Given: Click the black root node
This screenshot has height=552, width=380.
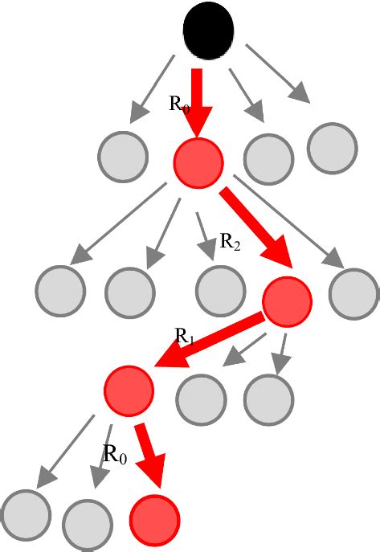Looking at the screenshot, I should pyautogui.click(x=209, y=31).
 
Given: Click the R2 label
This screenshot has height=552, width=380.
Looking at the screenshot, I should pyautogui.click(x=230, y=241).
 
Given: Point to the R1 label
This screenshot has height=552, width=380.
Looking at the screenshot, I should pyautogui.click(x=185, y=337).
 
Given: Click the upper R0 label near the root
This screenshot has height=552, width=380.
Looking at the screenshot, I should pyautogui.click(x=180, y=103).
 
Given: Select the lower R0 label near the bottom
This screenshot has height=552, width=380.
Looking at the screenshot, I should pyautogui.click(x=115, y=454).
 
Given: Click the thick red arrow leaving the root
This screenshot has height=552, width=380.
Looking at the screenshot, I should pyautogui.click(x=197, y=100).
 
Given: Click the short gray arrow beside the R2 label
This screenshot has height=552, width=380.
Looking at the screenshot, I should pyautogui.click(x=204, y=235).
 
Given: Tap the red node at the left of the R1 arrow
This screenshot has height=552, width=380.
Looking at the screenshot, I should pyautogui.click(x=129, y=390).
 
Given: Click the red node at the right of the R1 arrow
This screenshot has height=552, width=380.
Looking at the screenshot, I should pyautogui.click(x=287, y=302).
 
